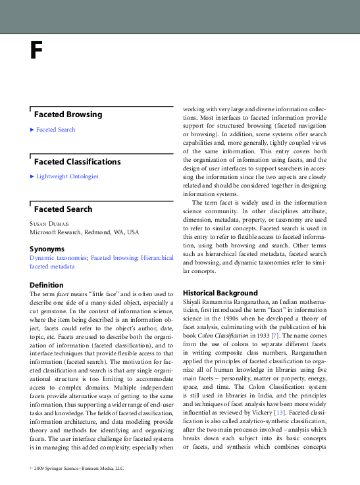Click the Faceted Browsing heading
click(68, 115)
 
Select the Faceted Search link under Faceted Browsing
click(55, 130)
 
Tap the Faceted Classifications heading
click(77, 162)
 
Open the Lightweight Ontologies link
click(67, 176)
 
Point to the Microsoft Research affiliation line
click(84, 232)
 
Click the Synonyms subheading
click(47, 249)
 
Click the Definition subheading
click(47, 285)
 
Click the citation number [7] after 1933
click(282, 335)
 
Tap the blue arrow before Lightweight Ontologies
click(32, 176)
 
